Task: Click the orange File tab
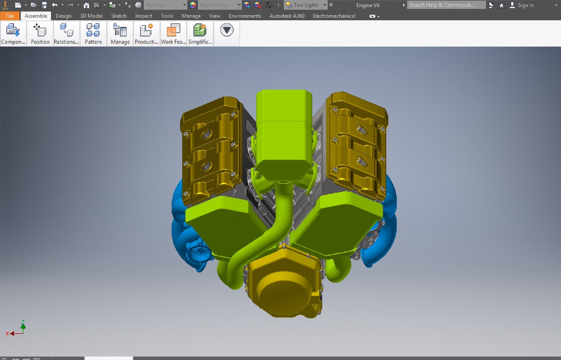coord(10,16)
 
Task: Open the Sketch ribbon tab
coord(119,16)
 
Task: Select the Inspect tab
coord(143,16)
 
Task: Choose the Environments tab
coord(245,16)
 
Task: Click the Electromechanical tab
coord(334,16)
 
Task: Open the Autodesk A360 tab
coord(287,16)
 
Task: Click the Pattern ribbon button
coord(93,33)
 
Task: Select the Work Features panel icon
coord(173,33)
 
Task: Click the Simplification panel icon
coord(200,33)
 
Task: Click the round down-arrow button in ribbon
coord(227,30)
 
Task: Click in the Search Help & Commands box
coord(446,5)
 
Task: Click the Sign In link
coord(525,5)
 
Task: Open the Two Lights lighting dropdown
coord(325,5)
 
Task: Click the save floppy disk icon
coord(44,5)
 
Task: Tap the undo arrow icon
coord(55,5)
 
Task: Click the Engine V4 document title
coord(367,5)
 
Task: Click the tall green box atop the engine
coord(284,133)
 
